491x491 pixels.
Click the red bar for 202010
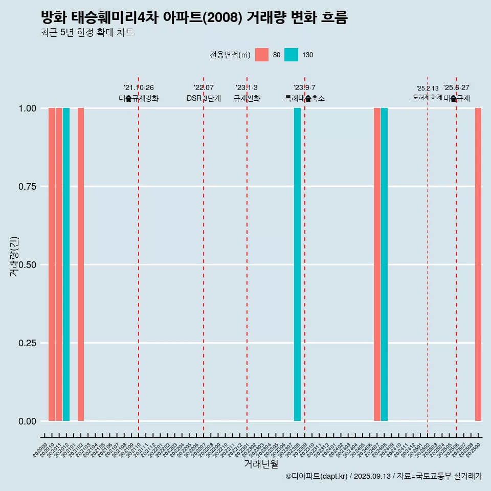(x=52, y=264)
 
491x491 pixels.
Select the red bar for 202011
(x=59, y=264)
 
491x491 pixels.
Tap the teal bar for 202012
(x=66, y=264)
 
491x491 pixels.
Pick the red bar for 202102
(x=81, y=264)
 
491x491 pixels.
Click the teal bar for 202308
(x=297, y=264)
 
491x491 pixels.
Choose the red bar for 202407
(x=377, y=264)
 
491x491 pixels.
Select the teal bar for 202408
(x=384, y=264)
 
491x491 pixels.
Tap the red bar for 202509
(x=478, y=264)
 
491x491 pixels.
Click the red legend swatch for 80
(x=262, y=55)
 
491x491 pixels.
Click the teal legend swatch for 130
(x=291, y=55)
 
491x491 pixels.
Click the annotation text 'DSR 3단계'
(x=204, y=98)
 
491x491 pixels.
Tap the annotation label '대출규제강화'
(x=139, y=98)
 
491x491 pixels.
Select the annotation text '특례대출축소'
(x=305, y=98)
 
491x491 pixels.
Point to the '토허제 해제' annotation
(x=427, y=97)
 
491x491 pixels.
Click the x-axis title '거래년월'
(x=261, y=464)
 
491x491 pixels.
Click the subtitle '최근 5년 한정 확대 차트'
(x=87, y=33)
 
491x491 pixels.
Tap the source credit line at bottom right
(x=384, y=476)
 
